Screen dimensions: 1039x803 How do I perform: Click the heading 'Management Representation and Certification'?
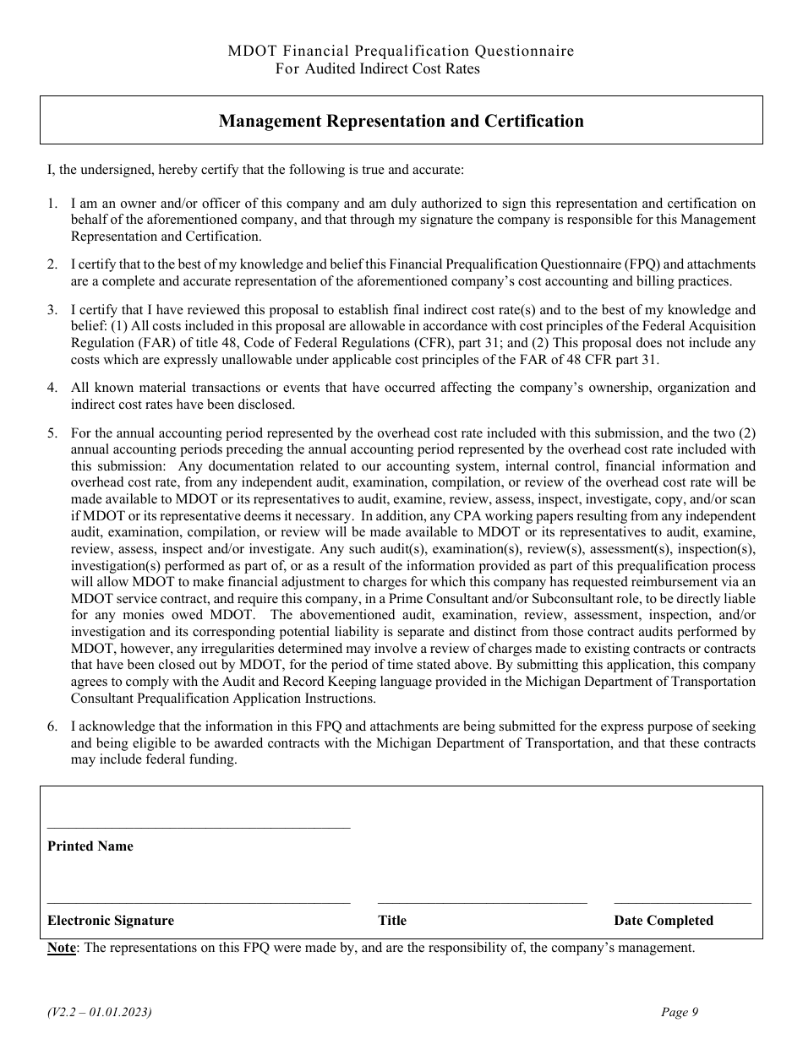[401, 121]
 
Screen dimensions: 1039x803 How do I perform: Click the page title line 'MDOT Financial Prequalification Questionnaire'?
[401, 52]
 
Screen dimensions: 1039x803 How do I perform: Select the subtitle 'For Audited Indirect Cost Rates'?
[377, 69]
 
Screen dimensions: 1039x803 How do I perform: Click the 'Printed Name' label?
[90, 846]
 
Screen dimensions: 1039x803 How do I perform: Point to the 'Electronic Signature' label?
[111, 921]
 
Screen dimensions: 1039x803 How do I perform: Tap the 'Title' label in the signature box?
[392, 921]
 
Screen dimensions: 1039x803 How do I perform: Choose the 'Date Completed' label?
[664, 921]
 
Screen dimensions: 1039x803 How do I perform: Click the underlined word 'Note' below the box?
[62, 948]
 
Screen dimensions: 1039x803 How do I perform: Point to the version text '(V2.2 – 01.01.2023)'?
[100, 1012]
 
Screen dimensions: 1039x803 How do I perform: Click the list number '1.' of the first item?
[52, 204]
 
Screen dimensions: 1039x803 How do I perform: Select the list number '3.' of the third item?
[52, 310]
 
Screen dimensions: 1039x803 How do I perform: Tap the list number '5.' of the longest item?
[52, 433]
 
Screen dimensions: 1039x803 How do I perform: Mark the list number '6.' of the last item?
[52, 726]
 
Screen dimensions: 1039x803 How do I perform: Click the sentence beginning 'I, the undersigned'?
[255, 170]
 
